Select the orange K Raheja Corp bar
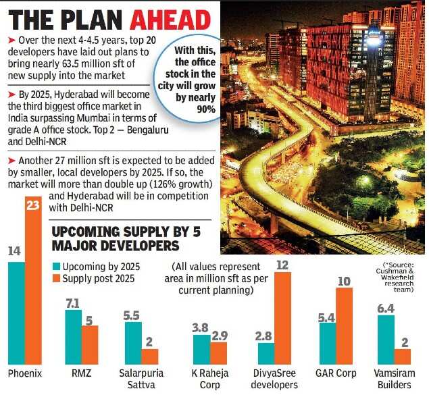tap(219, 353)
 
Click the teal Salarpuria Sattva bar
tap(132, 343)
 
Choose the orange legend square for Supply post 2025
tap(56, 278)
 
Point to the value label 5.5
tap(132, 315)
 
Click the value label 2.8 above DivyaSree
tap(265, 336)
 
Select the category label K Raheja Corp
tap(209, 379)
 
